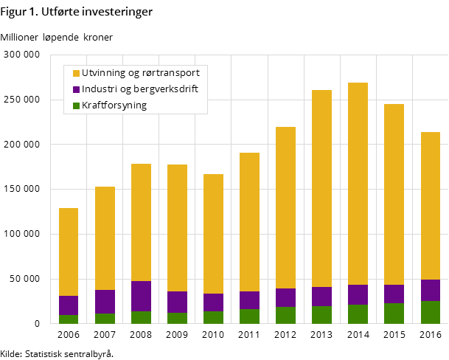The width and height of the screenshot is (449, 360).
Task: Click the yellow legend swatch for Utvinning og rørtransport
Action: [76, 73]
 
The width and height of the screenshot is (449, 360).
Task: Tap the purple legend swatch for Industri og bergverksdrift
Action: [76, 89]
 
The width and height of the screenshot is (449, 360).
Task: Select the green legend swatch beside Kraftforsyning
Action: [76, 105]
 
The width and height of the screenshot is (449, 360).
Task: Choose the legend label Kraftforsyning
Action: [114, 105]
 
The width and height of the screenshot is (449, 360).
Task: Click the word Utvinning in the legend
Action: [103, 73]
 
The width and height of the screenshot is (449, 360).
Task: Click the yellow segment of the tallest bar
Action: [358, 184]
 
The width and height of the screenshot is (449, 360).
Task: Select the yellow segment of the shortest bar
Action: [69, 252]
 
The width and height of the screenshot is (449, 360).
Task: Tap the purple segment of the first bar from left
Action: [69, 305]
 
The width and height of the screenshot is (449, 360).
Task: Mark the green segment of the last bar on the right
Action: [430, 312]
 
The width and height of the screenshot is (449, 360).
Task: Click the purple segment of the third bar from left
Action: [141, 296]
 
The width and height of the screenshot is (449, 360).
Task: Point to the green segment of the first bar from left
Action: [69, 319]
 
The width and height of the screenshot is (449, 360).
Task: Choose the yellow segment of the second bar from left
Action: [105, 238]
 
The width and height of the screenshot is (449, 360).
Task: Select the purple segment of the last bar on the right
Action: [430, 290]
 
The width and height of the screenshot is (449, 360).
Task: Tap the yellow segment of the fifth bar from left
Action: [213, 234]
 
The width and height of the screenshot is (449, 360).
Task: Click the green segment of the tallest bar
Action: [358, 314]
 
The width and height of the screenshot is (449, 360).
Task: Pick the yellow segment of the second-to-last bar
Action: [394, 194]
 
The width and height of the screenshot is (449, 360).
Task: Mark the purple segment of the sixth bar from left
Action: [249, 300]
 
